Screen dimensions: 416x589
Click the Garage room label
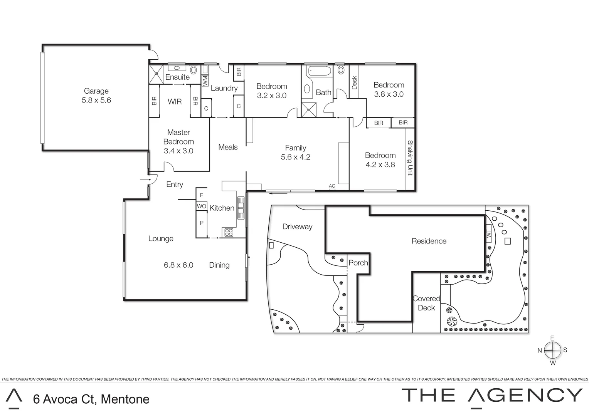pos(96,91)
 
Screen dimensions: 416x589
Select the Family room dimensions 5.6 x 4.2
pos(296,157)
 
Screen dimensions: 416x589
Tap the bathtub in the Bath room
pos(319,72)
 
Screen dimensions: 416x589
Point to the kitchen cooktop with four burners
pos(229,232)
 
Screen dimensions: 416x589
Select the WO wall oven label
pos(201,206)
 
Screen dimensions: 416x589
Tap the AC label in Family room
pos(332,186)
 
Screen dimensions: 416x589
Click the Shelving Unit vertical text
pos(410,158)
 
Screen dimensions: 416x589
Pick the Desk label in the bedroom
pos(354,82)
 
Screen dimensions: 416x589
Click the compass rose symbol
pos(552,350)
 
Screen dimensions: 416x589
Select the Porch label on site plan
pos(358,263)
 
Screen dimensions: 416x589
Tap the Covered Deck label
pos(426,303)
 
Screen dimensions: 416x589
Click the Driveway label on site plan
pos(297,226)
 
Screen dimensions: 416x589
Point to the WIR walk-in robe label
pos(175,102)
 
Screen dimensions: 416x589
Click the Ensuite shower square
pos(157,73)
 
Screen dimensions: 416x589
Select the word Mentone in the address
pos(125,399)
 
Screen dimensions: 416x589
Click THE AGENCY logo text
pos(492,396)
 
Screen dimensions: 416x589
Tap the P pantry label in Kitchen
pos(201,223)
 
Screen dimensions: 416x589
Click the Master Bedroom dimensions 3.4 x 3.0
pos(178,151)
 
